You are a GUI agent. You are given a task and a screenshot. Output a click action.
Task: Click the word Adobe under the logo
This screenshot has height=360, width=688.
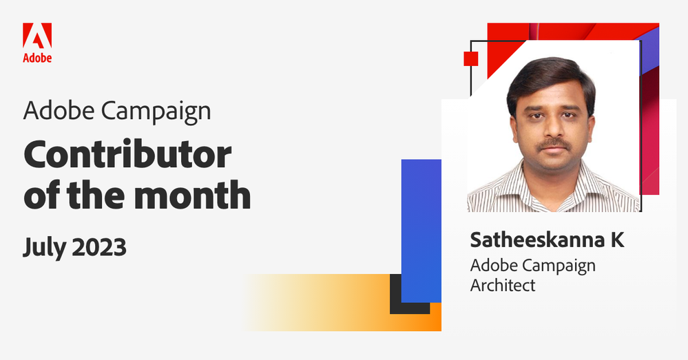tap(37, 59)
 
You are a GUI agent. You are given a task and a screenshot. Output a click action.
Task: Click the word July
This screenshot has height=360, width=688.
tap(43, 246)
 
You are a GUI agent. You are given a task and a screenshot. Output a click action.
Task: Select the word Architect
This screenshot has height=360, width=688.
tap(503, 284)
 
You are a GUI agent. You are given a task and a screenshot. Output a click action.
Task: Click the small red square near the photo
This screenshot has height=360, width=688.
tap(471, 59)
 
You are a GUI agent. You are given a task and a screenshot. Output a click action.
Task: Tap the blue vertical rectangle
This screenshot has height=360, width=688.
tap(421, 231)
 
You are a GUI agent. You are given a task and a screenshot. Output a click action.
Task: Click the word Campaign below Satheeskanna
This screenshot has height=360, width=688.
tap(559, 265)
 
